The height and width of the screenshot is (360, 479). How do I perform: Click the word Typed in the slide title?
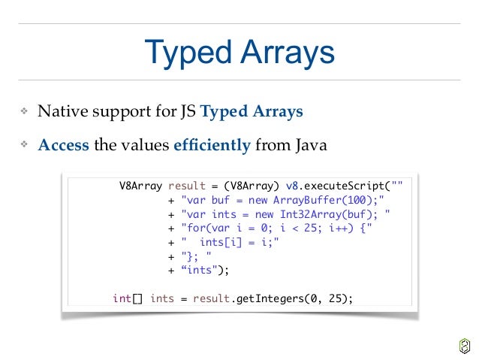point(188,53)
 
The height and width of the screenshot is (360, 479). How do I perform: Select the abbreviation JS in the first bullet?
point(188,113)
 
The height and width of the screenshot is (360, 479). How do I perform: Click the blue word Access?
point(64,145)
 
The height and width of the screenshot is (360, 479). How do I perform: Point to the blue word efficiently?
point(212,145)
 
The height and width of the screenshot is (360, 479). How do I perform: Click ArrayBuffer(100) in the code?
point(326,201)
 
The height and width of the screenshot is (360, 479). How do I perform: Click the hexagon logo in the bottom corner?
point(463,345)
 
